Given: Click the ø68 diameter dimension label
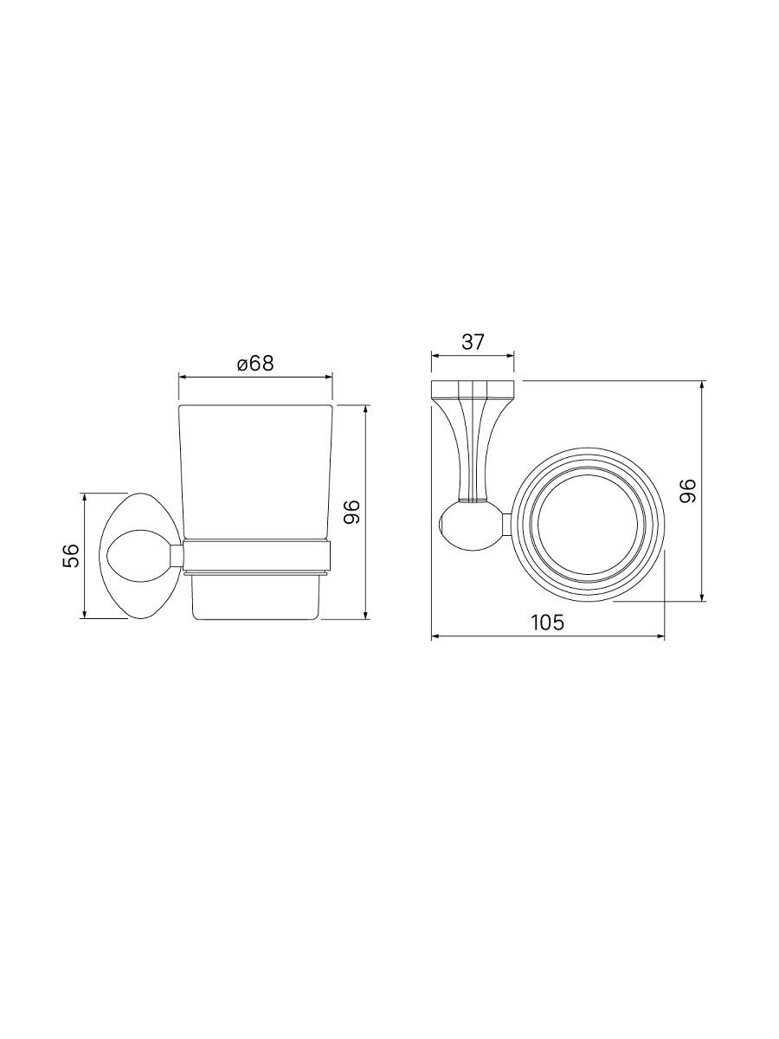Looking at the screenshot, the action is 255,364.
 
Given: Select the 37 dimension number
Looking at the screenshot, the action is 473,342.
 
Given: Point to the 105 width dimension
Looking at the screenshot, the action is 548,623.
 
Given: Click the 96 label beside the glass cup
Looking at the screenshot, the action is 352,512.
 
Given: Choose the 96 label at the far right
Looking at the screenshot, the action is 688,491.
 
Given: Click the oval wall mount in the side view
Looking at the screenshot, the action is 140,556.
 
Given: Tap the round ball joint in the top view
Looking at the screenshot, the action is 472,525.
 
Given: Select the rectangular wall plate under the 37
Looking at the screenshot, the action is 473,388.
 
